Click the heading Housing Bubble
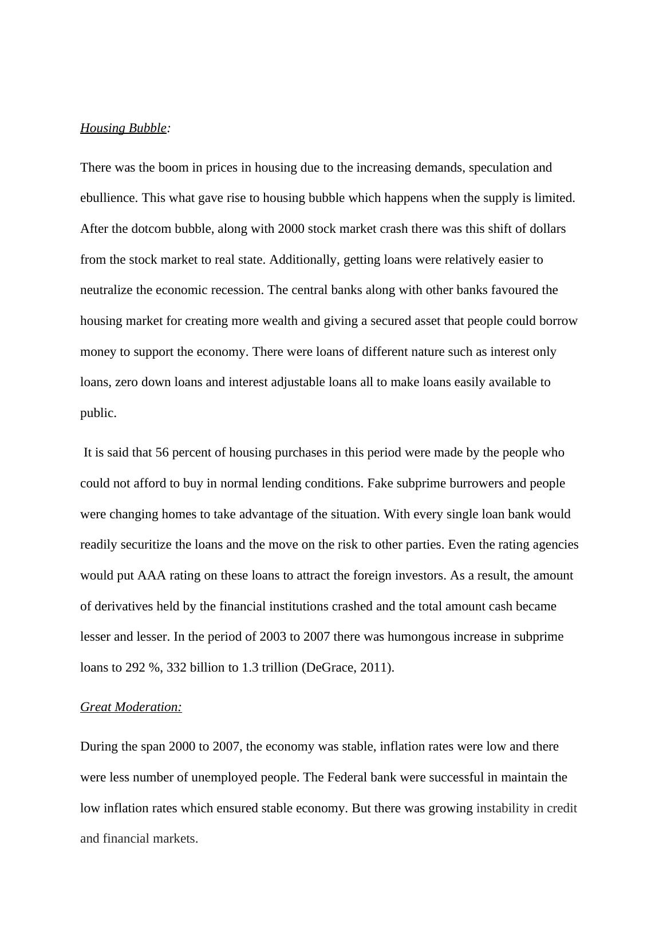pos(123,128)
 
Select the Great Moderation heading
pos(131,707)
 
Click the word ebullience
pos(108,198)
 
